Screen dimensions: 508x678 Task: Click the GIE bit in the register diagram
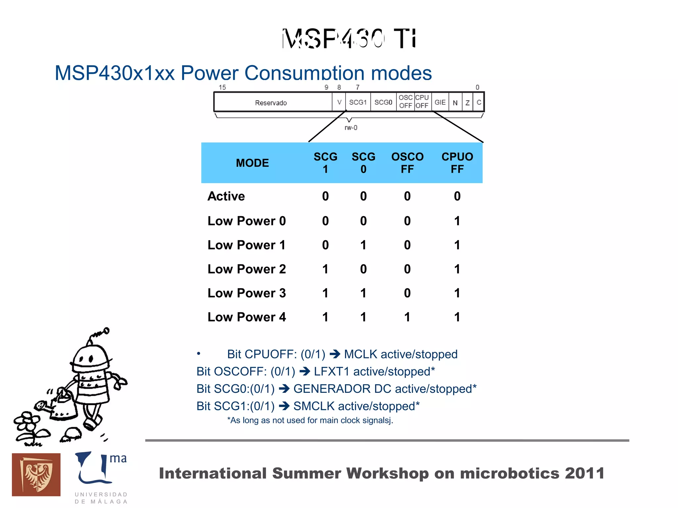[x=440, y=102]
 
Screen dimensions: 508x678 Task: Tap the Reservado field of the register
[x=271, y=103]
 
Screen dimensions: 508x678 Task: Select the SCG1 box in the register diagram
[x=358, y=102]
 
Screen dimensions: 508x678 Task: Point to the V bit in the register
[x=339, y=102]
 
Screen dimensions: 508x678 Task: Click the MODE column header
[x=252, y=163]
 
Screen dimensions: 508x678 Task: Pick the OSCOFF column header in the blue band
[x=407, y=163]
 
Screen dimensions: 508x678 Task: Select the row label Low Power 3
[x=247, y=293]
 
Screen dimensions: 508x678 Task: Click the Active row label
[x=226, y=196]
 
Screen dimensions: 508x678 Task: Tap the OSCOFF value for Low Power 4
[x=407, y=317]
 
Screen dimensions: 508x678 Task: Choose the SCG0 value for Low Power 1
[x=363, y=245]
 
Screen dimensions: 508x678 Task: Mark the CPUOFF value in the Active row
[x=457, y=196]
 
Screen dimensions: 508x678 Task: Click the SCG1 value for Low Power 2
[x=325, y=269]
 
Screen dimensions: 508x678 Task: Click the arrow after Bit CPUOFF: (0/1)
[x=335, y=354]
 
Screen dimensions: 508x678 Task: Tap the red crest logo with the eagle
[x=36, y=475]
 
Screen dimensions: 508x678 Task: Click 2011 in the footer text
[x=585, y=473]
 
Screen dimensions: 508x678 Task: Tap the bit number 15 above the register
[x=222, y=87]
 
